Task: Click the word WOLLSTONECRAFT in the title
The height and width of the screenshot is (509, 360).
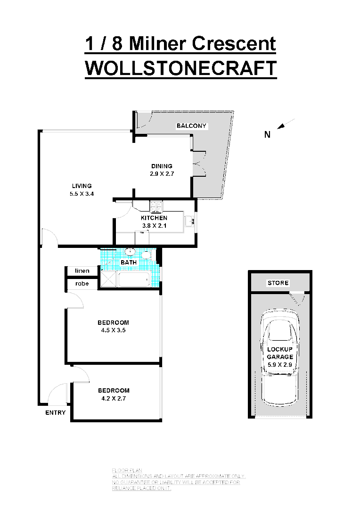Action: pos(180,68)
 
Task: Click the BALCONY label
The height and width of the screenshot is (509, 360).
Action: pos(192,126)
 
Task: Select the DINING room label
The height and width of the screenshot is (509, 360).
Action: pos(162,166)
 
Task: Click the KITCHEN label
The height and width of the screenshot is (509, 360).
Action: pos(154,218)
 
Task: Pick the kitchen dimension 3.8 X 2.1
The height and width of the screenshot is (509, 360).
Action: pos(154,226)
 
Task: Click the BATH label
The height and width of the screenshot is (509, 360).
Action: pos(129,262)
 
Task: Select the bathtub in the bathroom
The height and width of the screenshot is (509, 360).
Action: pos(135,280)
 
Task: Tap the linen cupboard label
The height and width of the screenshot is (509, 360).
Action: pos(82,271)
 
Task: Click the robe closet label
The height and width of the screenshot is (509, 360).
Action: pos(82,284)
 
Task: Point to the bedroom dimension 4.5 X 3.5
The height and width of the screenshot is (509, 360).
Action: pos(113,330)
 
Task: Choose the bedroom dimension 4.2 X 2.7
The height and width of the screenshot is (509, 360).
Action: pos(113,398)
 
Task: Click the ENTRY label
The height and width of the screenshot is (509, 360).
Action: pos(55,413)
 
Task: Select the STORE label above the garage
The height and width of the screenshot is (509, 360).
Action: pos(278,283)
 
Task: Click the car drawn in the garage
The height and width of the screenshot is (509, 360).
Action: pos(280,339)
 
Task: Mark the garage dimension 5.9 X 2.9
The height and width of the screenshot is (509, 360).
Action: pos(280,364)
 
